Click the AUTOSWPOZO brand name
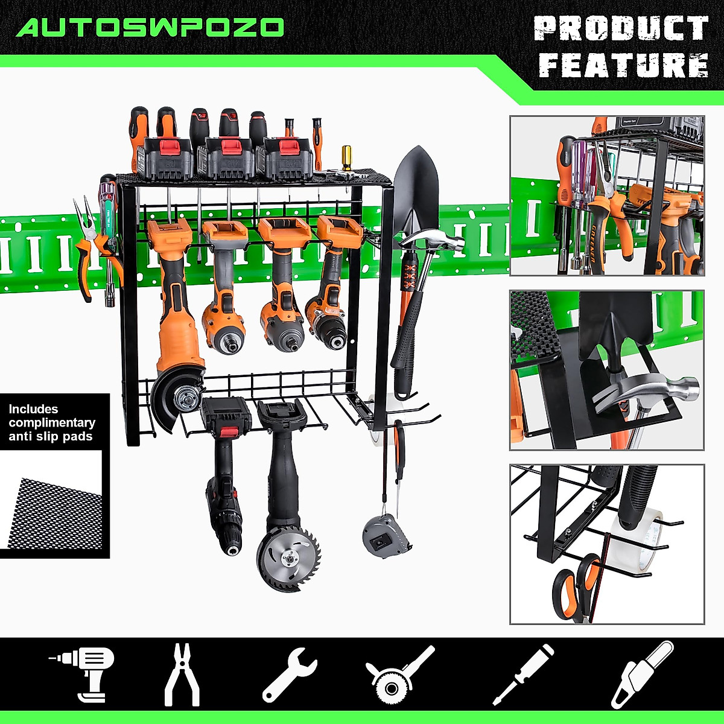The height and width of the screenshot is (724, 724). tap(150, 27)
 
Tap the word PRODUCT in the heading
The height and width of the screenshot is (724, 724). tap(621, 28)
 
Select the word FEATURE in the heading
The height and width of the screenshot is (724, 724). tap(623, 65)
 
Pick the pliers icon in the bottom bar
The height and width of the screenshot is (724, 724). tap(182, 674)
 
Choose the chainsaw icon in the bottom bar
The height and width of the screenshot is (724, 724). tap(642, 674)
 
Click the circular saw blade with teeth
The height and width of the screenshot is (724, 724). tap(288, 558)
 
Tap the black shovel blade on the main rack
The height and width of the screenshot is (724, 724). tap(416, 187)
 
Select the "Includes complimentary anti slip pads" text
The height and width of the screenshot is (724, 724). tap(52, 422)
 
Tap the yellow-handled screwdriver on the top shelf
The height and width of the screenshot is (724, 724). tap(346, 158)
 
